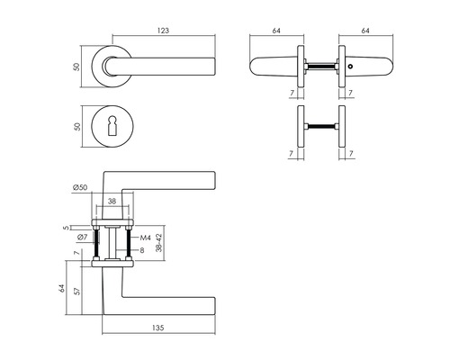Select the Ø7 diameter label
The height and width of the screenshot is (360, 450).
click(81, 237)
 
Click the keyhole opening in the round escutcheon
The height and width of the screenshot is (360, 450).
click(111, 125)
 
